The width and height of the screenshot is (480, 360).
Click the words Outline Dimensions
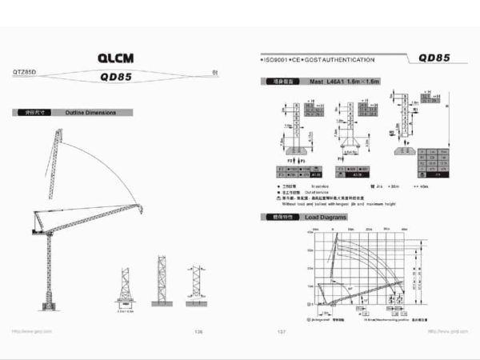pos(90,113)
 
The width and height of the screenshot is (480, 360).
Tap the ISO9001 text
pos(281,60)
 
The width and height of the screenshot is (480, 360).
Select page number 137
pos(281,330)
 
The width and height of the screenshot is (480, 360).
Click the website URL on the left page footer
pos(31,330)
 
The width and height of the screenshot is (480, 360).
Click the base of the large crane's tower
pos(49,306)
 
